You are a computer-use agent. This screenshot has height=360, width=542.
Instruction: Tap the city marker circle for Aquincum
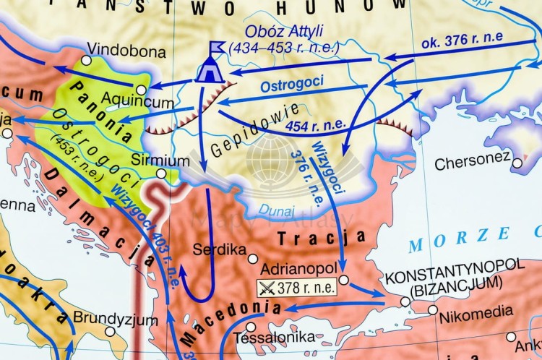[x=142, y=89]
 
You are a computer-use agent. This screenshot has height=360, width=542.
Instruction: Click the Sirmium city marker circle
[x=161, y=173]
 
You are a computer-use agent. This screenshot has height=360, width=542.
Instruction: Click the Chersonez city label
[x=473, y=164]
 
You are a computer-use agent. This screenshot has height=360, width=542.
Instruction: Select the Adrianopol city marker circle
[x=343, y=279]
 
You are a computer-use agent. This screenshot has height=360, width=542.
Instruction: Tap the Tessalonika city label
[x=278, y=337]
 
